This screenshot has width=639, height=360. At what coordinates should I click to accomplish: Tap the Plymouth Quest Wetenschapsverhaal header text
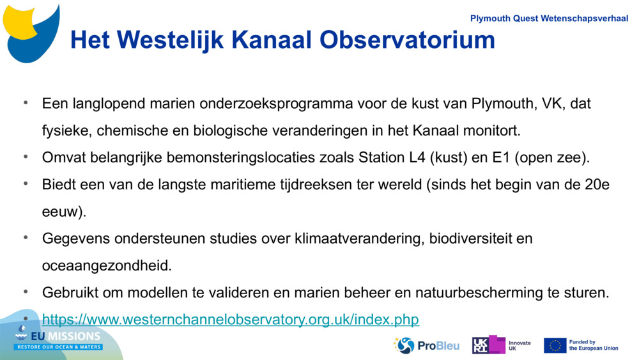[549, 19]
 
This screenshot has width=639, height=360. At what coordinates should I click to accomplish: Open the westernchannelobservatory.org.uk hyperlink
[230, 319]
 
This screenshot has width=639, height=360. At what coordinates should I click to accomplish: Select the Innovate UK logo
[501, 345]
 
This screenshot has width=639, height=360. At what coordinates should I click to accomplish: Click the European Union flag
[555, 345]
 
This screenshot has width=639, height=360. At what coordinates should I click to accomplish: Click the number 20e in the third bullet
[597, 185]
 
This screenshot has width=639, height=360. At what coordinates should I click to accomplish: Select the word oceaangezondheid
[107, 265]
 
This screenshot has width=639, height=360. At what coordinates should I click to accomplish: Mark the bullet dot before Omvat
[26, 157]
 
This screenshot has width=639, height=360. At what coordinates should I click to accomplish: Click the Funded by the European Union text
[593, 345]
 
